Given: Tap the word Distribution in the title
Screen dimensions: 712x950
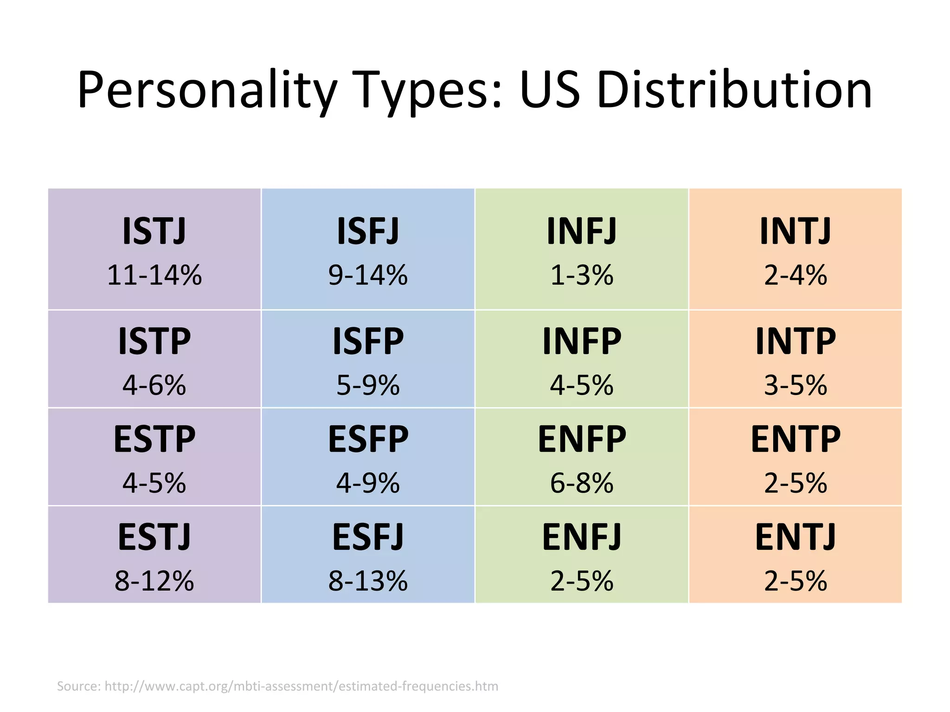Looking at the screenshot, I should tap(734, 90).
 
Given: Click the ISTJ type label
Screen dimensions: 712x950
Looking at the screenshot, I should tap(154, 231).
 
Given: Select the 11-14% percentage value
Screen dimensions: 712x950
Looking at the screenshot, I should tap(154, 275).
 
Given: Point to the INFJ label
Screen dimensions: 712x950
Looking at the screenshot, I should tap(582, 231).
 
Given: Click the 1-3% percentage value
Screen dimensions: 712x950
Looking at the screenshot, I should tap(582, 275).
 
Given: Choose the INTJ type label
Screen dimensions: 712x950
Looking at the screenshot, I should tap(795, 231).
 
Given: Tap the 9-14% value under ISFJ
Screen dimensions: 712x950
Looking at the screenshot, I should tap(368, 275).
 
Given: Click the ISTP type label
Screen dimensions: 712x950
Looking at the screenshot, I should tap(154, 341).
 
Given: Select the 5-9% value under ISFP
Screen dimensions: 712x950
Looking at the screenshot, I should tap(368, 385).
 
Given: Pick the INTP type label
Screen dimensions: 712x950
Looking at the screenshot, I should tap(795, 341).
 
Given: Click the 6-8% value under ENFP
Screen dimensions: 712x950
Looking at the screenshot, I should tap(582, 483).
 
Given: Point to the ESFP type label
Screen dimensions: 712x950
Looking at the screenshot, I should tap(368, 439).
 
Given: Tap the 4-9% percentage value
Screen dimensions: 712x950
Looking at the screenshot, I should tap(368, 483).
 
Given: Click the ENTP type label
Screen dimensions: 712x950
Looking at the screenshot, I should tap(795, 439).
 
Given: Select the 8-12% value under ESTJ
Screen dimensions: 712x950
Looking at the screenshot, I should tap(154, 581).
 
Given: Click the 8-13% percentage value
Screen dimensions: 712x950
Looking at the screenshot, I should tap(368, 581).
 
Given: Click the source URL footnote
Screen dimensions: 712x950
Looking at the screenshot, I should tap(277, 686).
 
